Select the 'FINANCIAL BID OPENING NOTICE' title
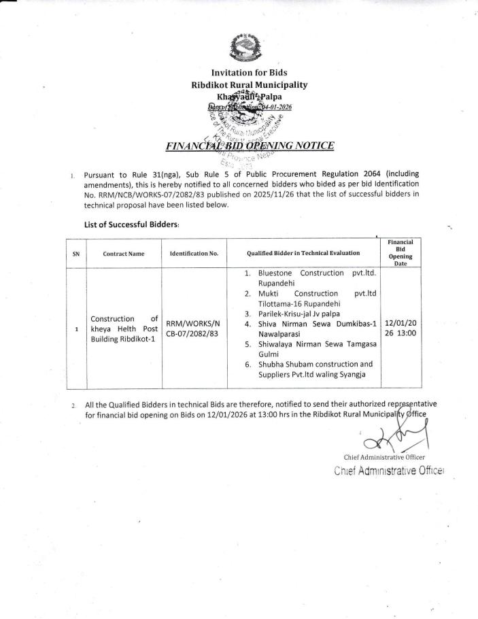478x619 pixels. coord(249,145)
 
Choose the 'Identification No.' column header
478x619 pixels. coord(194,254)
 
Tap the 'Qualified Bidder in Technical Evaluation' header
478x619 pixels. coord(304,253)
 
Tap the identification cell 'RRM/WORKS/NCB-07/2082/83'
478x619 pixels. coord(193,329)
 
